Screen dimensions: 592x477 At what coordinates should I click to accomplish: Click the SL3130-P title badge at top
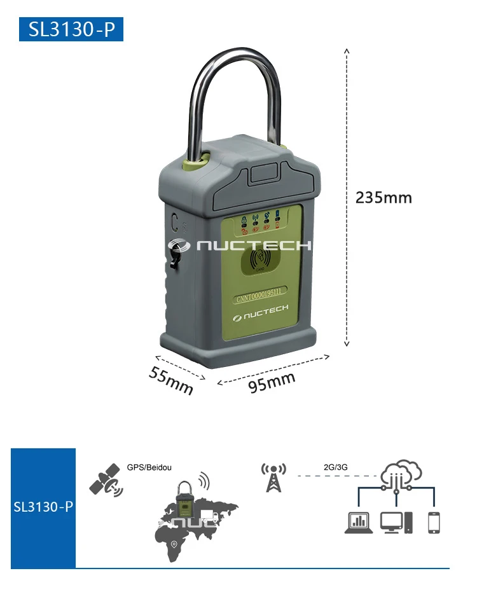click(x=71, y=30)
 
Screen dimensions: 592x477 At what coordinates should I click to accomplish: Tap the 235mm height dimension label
click(x=384, y=198)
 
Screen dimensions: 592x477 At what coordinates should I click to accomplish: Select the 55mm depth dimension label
click(x=171, y=380)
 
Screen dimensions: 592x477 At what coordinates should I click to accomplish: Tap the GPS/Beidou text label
click(x=149, y=466)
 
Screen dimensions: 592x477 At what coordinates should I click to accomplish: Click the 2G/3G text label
click(x=335, y=467)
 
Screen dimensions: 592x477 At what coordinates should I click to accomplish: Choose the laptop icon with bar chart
click(x=359, y=523)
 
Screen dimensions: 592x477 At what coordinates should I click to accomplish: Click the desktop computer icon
click(x=396, y=522)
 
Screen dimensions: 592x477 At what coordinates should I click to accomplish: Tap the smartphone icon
click(x=434, y=522)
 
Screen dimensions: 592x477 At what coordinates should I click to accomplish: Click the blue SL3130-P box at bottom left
click(x=43, y=507)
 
